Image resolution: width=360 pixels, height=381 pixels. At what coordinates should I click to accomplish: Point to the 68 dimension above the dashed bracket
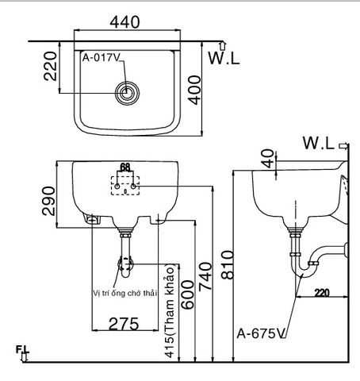124,167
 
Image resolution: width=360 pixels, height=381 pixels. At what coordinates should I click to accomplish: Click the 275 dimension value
124,323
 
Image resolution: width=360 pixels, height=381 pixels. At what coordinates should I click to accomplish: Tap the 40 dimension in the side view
267,159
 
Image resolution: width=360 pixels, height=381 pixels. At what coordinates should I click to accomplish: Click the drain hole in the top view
125,92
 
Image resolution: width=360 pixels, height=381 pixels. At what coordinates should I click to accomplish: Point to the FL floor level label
20,351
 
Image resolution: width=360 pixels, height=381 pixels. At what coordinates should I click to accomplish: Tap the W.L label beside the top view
225,58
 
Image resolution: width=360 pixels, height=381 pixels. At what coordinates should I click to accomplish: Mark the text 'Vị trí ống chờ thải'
125,292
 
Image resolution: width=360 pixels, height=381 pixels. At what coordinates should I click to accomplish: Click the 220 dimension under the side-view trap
320,292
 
